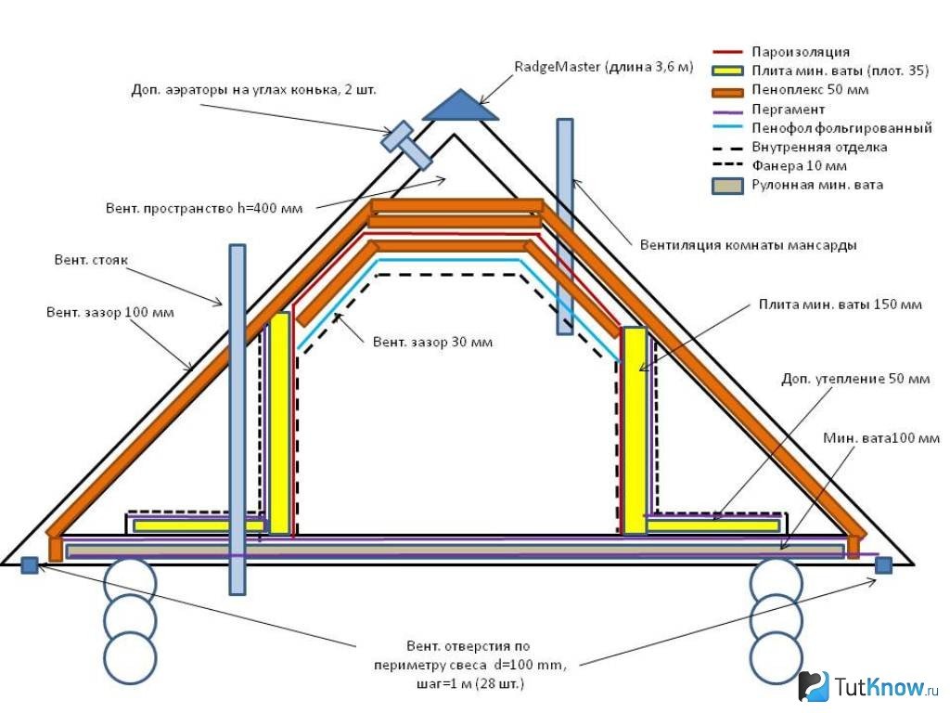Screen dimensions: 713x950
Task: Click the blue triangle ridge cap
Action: point(460,107)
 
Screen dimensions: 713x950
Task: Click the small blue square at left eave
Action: point(29,565)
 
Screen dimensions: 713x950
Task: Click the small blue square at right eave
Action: point(883,564)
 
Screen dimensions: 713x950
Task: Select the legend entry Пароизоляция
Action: point(801,52)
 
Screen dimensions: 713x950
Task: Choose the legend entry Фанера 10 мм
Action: point(800,166)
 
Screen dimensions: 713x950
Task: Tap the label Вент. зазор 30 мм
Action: point(432,342)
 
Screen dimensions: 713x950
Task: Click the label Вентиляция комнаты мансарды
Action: point(748,246)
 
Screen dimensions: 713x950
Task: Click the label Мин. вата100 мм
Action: point(880,437)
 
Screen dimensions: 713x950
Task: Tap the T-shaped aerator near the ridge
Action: point(407,146)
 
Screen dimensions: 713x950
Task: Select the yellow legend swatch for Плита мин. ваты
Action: point(732,71)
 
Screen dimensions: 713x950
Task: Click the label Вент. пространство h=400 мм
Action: point(203,208)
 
